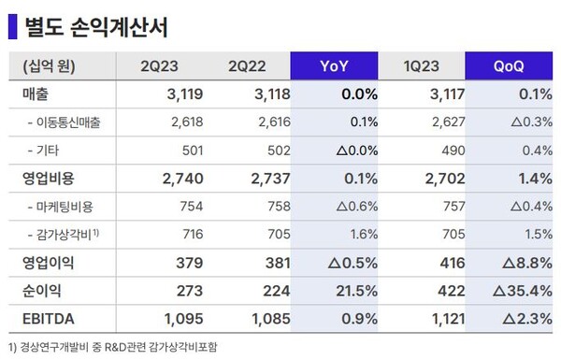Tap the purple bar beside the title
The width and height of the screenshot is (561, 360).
point(11,25)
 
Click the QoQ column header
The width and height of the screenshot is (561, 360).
point(513,66)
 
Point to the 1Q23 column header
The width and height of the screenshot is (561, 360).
point(430,66)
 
